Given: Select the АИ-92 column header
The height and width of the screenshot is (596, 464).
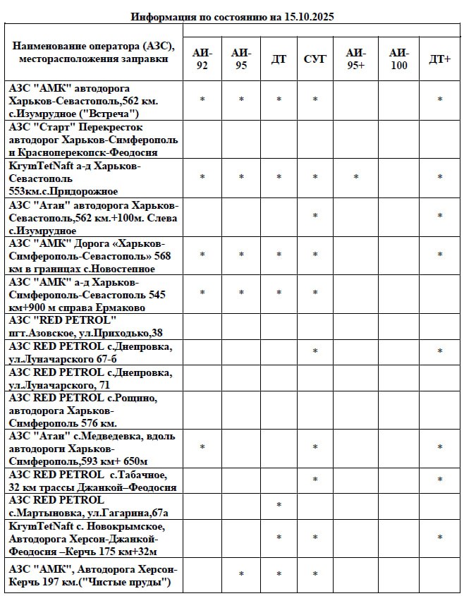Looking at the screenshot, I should [202, 59].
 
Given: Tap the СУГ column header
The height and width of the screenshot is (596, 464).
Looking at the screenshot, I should [315, 59].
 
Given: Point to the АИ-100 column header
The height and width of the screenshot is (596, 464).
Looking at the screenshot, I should [398, 59].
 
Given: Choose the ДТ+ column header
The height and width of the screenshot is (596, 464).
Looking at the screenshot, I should [440, 59].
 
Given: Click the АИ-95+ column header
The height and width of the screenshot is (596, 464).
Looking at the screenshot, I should [356, 59].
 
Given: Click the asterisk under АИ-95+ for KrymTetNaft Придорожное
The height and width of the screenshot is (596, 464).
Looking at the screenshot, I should [356, 178].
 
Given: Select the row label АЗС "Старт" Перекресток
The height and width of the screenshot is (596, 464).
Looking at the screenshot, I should [93, 139].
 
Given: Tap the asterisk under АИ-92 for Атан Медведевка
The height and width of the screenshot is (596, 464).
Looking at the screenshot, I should [202, 448].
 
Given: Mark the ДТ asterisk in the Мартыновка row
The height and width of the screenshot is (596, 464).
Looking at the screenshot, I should [279, 506].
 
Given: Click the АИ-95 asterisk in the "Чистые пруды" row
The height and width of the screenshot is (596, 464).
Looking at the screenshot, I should [241, 575].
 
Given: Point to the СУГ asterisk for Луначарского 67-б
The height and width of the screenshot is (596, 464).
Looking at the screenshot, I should [315, 352].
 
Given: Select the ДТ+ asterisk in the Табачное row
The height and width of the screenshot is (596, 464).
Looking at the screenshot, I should [440, 480].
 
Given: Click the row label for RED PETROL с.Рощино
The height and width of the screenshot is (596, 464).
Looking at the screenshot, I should [83, 410].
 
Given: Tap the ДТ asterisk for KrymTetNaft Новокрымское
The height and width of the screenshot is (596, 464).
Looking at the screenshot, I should [279, 538].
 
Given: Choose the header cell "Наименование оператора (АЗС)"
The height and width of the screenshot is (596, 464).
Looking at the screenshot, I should [93, 53].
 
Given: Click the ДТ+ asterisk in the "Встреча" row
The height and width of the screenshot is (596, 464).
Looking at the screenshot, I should [440, 100].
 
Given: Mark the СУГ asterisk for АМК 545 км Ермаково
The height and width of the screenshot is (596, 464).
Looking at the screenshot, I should [315, 293].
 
